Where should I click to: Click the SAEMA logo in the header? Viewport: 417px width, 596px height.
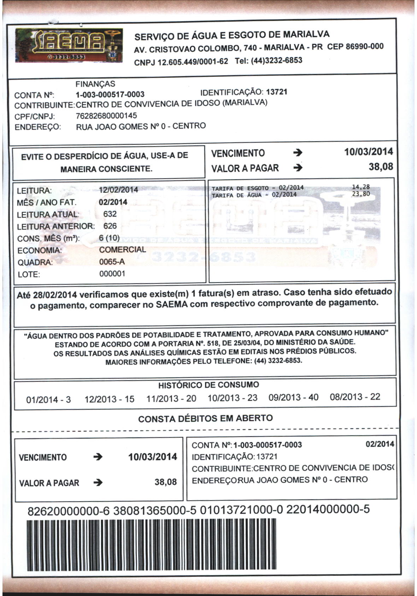click(69, 46)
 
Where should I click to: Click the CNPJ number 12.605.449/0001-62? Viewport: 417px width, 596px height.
click(193, 62)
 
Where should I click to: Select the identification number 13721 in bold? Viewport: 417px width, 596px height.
click(277, 92)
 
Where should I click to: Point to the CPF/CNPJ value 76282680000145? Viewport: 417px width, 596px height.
click(106, 116)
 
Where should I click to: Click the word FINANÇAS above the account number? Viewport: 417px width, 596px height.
click(95, 84)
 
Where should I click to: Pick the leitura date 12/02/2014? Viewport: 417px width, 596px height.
click(118, 190)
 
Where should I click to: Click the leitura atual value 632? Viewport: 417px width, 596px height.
click(110, 214)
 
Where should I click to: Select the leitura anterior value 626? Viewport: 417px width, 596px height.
click(110, 226)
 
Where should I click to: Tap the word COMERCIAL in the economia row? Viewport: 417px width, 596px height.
click(122, 250)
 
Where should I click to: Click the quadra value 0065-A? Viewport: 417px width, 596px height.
click(112, 262)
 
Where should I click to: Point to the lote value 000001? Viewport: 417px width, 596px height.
click(112, 274)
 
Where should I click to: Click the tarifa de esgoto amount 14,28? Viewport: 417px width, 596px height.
click(361, 187)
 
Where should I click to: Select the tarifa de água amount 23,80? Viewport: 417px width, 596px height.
click(361, 193)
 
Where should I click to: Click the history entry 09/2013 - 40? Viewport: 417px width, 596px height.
click(293, 397)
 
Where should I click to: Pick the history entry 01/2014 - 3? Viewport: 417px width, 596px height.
click(48, 400)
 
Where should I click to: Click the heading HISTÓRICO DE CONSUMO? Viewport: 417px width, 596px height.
click(208, 385)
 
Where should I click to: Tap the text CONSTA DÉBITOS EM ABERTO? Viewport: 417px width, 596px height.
click(205, 418)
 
